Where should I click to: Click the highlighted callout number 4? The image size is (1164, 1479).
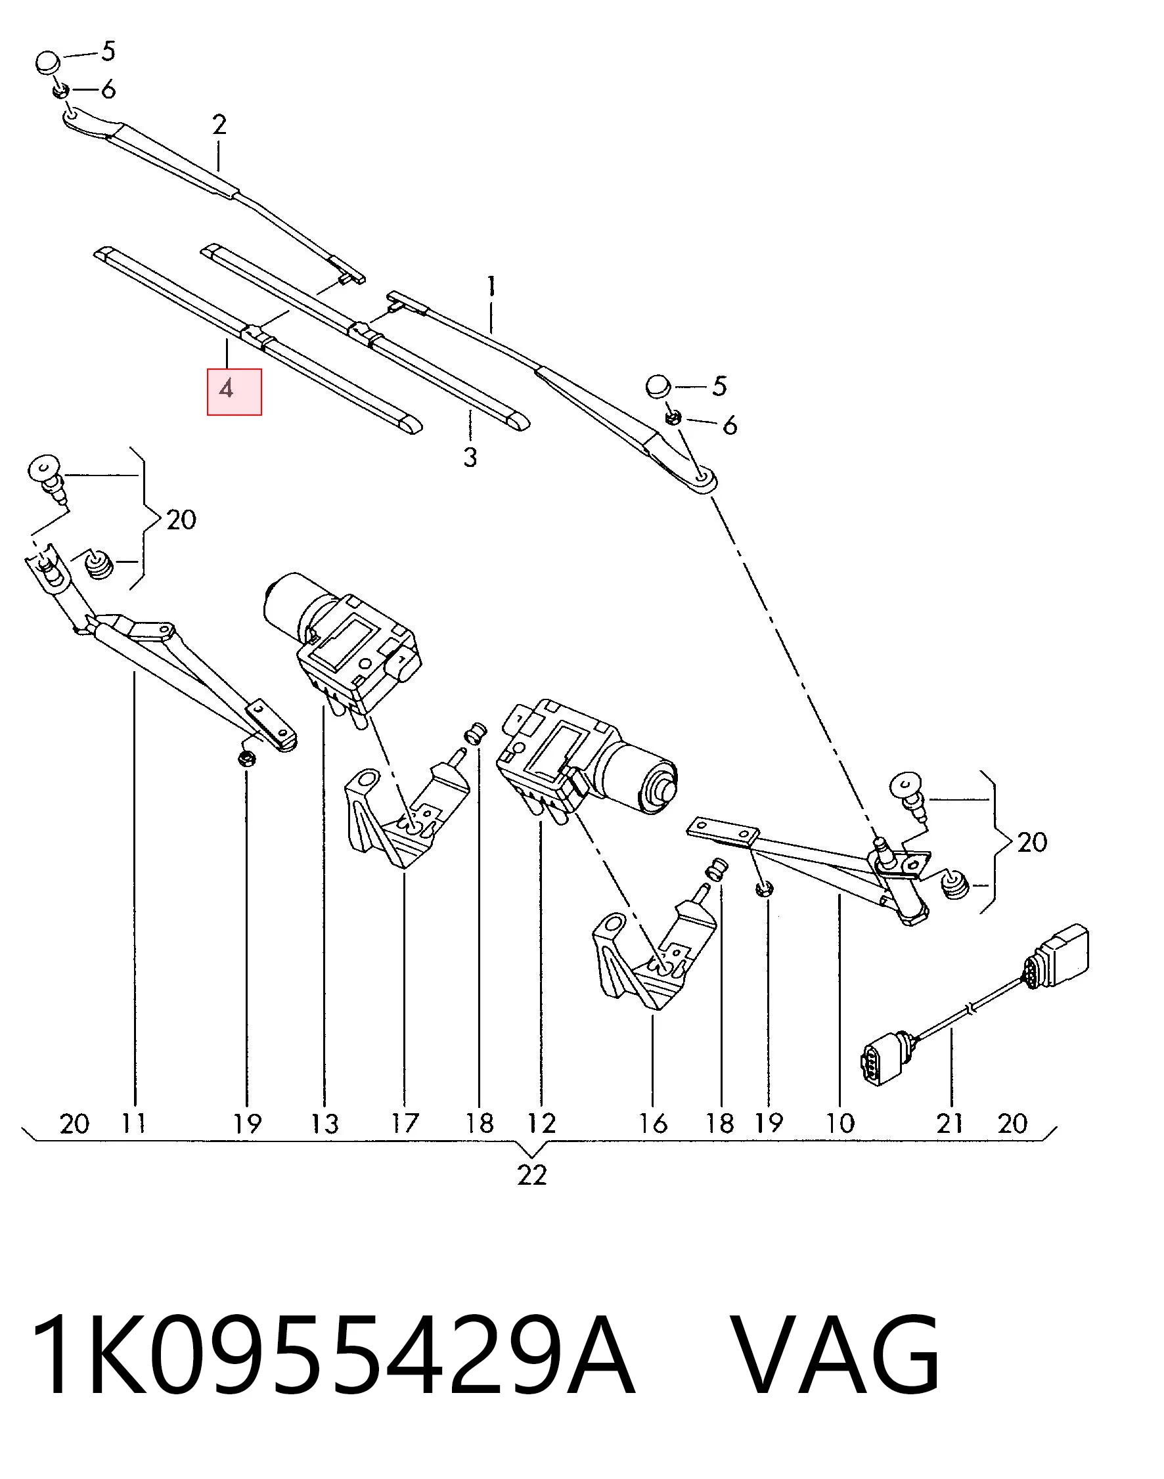227,389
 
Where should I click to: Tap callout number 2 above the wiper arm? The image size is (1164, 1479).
219,125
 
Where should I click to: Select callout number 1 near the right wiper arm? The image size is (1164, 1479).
491,286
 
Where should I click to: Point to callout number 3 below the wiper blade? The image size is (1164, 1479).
470,456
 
